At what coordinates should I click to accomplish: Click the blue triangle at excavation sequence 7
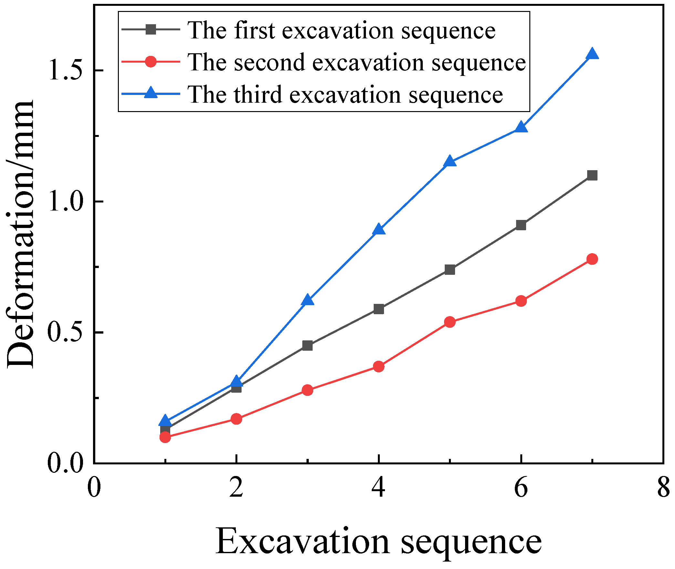coord(592,54)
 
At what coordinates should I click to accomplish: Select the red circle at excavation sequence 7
coord(592,259)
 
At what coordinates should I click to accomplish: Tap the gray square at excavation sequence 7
coord(592,175)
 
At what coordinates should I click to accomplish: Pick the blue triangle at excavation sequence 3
coord(307,300)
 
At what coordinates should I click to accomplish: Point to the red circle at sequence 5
coord(450,322)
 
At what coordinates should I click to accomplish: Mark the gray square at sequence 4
coord(379,309)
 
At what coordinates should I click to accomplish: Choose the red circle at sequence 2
coord(236,419)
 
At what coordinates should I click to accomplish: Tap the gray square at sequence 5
coord(450,269)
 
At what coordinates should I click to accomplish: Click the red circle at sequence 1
coord(165,437)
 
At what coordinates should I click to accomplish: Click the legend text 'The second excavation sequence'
coord(357,62)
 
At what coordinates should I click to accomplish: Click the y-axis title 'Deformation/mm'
coord(20,234)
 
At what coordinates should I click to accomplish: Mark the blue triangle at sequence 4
coord(379,230)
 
